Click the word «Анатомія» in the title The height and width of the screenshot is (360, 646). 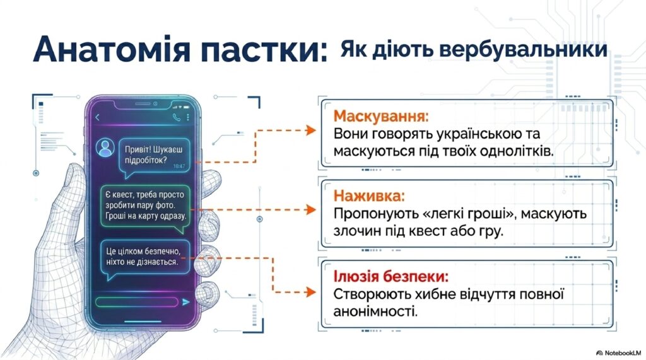pos(112,49)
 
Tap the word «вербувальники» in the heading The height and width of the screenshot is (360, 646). pos(523,49)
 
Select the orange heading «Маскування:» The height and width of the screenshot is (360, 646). pos(381,116)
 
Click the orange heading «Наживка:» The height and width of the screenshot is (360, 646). pos(369,195)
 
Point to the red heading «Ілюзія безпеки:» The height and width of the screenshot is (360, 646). pos(391,276)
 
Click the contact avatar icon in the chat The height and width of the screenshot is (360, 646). pos(105,147)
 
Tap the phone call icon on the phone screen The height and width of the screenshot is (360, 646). pos(177,117)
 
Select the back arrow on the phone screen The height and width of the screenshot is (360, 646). pos(98,117)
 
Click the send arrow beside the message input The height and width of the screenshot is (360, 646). pos(186,302)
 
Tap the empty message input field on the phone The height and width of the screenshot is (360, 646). pos(136,302)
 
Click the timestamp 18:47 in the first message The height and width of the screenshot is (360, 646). pos(179,166)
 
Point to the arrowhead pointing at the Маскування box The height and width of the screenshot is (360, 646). pos(311,131)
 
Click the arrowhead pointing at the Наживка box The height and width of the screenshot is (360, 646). pos(311,210)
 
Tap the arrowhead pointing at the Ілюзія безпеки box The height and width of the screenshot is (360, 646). pos(311,292)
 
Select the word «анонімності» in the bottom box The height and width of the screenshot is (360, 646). pos(375,311)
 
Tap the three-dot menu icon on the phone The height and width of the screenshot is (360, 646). pos(188,117)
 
